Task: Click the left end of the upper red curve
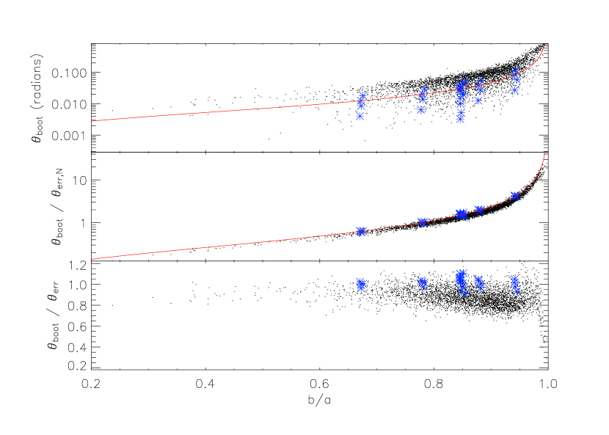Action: (92, 121)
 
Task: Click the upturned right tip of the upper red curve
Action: (544, 44)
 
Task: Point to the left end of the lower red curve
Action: (92, 258)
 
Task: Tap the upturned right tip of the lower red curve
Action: (544, 153)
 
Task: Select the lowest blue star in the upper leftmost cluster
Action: (360, 116)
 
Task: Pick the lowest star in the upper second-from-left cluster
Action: (421, 109)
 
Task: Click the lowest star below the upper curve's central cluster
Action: (460, 118)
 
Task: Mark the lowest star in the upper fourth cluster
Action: (478, 100)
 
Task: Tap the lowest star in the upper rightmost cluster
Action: (515, 90)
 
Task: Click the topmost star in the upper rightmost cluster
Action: (515, 71)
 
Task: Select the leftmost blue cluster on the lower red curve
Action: (362, 231)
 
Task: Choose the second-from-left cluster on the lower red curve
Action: (422, 222)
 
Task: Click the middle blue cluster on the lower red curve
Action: (461, 213)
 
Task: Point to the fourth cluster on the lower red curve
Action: (479, 209)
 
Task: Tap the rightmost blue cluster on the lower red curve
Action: (515, 196)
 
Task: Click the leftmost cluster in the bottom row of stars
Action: (361, 284)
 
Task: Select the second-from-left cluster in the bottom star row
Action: (423, 282)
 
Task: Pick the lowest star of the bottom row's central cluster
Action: (464, 293)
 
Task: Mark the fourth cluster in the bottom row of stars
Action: (479, 282)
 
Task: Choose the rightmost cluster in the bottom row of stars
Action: (515, 284)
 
